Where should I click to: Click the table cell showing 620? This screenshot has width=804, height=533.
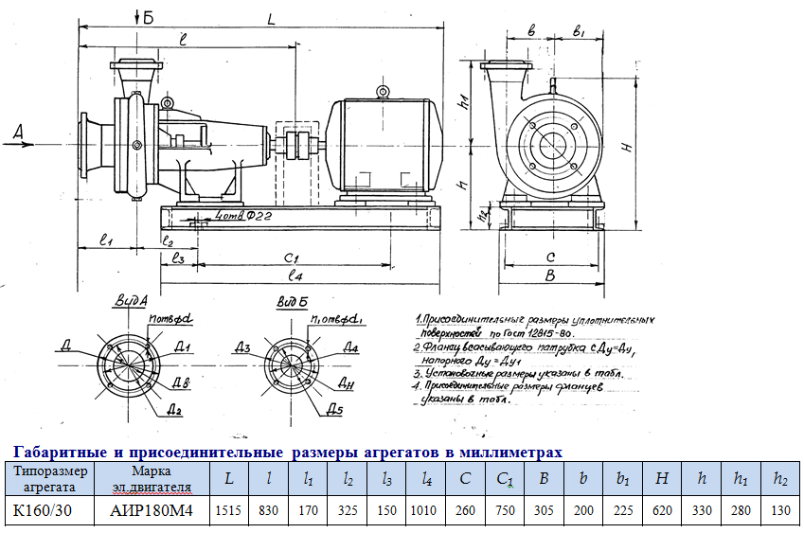[663, 511]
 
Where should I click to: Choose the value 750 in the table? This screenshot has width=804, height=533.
[505, 511]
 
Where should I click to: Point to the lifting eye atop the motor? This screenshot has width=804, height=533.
[383, 92]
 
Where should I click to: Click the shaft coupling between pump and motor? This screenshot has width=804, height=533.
[301, 147]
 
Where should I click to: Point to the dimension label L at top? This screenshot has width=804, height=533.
[270, 18]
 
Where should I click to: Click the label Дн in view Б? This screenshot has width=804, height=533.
[346, 385]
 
